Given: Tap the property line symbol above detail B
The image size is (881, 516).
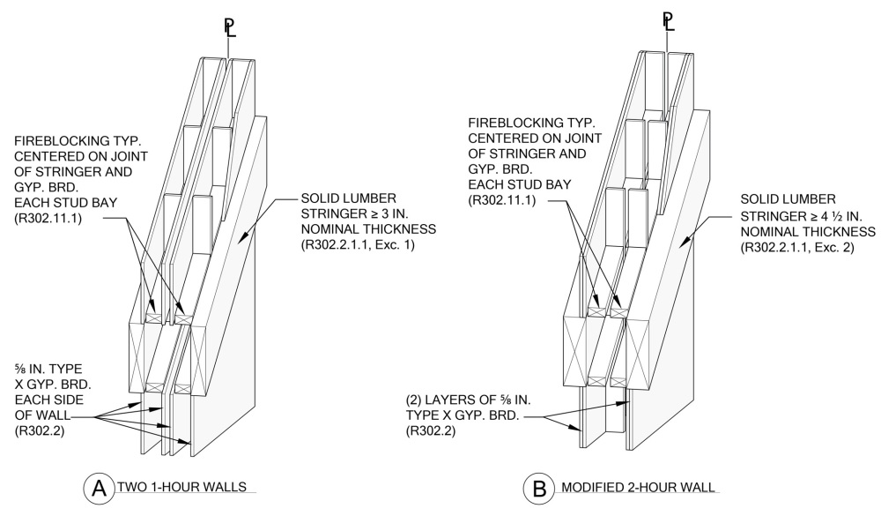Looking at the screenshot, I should tap(668, 19).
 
